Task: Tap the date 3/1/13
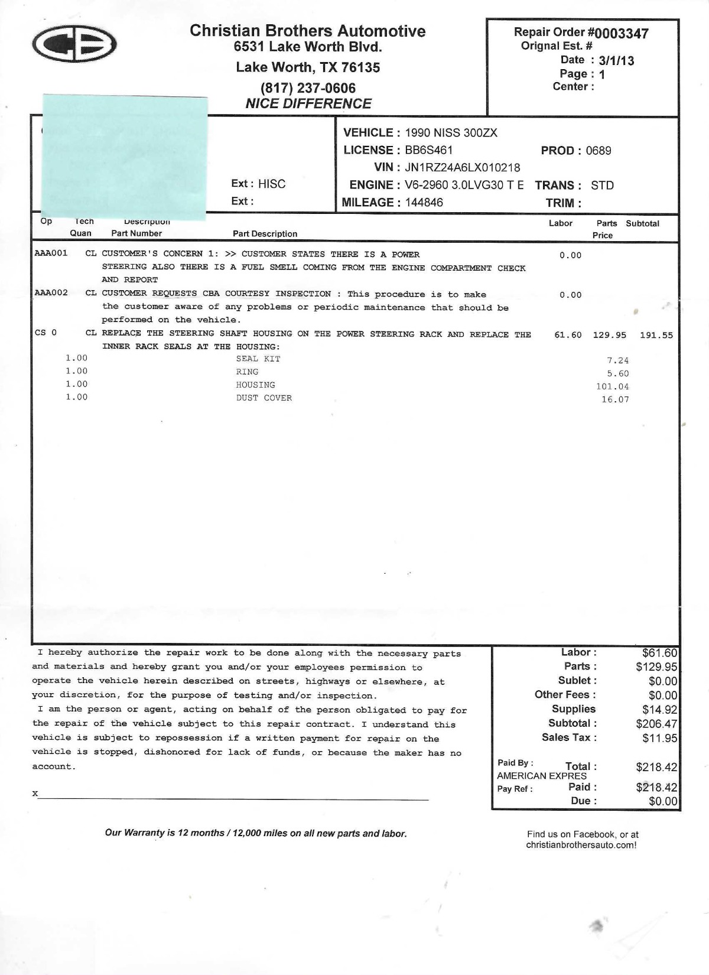click(x=616, y=60)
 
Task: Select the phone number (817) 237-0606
click(x=308, y=88)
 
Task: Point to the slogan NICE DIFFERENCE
click(x=308, y=103)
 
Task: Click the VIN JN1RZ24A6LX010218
click(x=462, y=167)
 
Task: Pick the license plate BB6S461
click(x=428, y=150)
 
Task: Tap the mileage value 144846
click(x=424, y=202)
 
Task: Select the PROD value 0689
click(x=599, y=151)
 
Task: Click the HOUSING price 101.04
click(x=612, y=386)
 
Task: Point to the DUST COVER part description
click(x=264, y=398)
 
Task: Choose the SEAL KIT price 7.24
click(x=617, y=360)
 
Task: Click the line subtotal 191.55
click(x=656, y=335)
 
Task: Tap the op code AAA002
click(x=51, y=293)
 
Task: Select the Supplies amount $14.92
click(x=659, y=710)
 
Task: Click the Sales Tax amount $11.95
click(x=659, y=738)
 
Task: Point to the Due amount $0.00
click(x=663, y=801)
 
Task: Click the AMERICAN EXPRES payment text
click(x=541, y=776)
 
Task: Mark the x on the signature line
click(x=35, y=793)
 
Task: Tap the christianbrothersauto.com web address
click(x=581, y=845)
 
